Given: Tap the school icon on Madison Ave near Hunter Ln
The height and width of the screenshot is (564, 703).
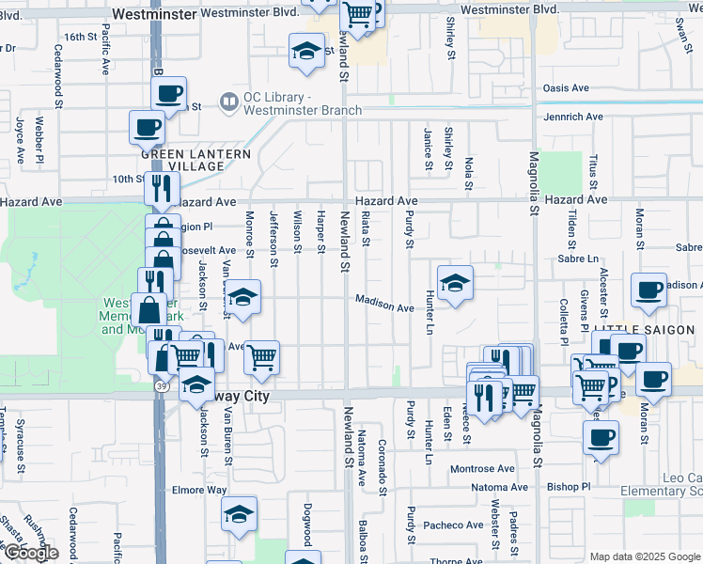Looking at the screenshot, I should coord(454,283).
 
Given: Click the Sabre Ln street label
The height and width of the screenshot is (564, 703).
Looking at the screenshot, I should coord(578,258).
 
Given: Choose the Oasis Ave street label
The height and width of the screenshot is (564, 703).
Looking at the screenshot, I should coord(565,88).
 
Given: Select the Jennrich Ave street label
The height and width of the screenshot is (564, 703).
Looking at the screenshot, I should coord(572,117).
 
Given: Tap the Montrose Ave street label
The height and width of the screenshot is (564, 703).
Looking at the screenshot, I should coord(483,468).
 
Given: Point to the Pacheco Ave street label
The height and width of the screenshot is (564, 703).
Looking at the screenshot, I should coord(452,525).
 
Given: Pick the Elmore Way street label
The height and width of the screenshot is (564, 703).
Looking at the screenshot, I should coord(199,490).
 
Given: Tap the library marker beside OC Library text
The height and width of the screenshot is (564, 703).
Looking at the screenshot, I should coord(227,101).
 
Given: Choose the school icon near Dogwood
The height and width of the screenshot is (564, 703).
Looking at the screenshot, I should coord(239,514).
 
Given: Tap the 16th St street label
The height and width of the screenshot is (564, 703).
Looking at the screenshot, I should coord(81,37).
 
